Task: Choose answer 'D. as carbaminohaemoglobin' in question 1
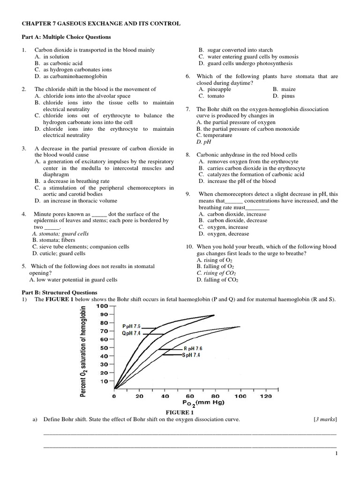coord(71,76)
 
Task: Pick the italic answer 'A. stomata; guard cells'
coord(60,233)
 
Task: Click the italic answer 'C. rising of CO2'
coord(216,273)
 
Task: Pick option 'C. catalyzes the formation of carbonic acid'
coord(251,174)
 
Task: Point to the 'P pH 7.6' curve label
coord(131,326)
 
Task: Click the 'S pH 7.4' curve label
coord(191,355)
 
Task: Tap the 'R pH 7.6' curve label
coord(192,349)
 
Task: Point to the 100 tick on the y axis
coord(102,306)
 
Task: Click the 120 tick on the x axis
coord(265,396)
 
